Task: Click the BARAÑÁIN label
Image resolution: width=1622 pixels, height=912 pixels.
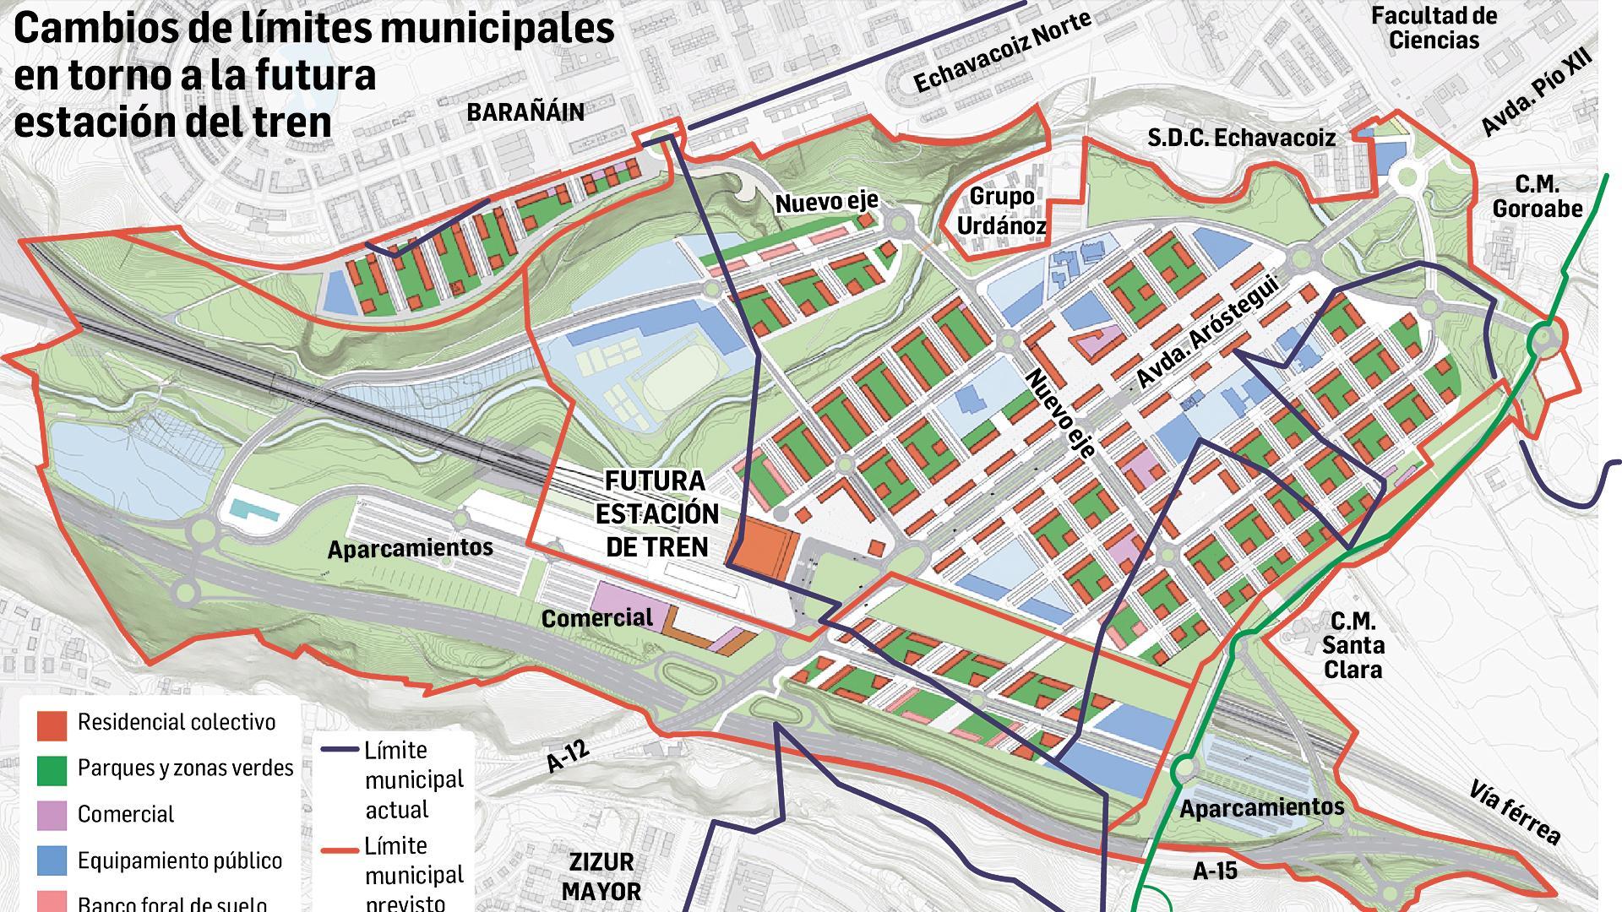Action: coord(525,112)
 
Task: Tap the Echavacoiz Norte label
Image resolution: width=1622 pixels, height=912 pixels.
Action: coord(1002,53)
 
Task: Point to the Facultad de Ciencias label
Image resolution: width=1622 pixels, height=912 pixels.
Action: coord(1434,28)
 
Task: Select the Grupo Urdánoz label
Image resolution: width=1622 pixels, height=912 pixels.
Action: coord(1002,211)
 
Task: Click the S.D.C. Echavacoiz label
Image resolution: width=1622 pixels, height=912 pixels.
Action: coord(1241,138)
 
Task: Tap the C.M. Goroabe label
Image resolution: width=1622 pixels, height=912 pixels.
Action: coord(1537,197)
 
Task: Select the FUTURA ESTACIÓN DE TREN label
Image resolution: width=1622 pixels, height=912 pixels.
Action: coord(656,513)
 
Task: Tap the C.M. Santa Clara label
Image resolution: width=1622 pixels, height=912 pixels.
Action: coord(1353,646)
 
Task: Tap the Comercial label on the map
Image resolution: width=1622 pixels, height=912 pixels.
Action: coord(597,618)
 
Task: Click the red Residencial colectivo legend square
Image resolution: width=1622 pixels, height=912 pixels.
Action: coord(52,724)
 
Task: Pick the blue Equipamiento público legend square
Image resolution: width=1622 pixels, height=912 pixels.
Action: coord(52,860)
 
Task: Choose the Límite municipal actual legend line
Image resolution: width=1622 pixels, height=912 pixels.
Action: coord(341,749)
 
